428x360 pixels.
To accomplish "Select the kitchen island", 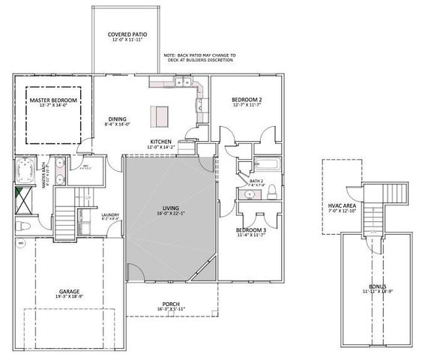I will (x=160, y=116).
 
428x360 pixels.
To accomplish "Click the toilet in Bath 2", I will (x=274, y=190).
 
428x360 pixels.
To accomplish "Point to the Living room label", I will (x=172, y=210).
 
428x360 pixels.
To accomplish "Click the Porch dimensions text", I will (x=172, y=308).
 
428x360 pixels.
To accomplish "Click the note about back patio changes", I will (x=199, y=58).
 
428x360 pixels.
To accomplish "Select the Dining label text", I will (x=116, y=118).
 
